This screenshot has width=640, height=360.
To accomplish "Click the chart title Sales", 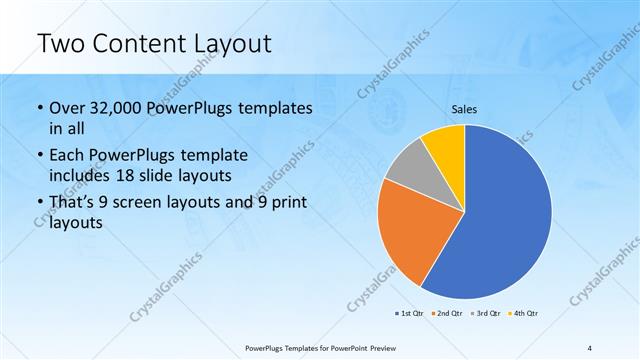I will tap(465, 110).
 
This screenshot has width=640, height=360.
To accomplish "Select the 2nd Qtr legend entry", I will tap(448, 313).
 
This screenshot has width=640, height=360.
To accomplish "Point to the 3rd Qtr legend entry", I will tap(486, 313).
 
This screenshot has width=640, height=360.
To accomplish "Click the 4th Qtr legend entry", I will tap(525, 313).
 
